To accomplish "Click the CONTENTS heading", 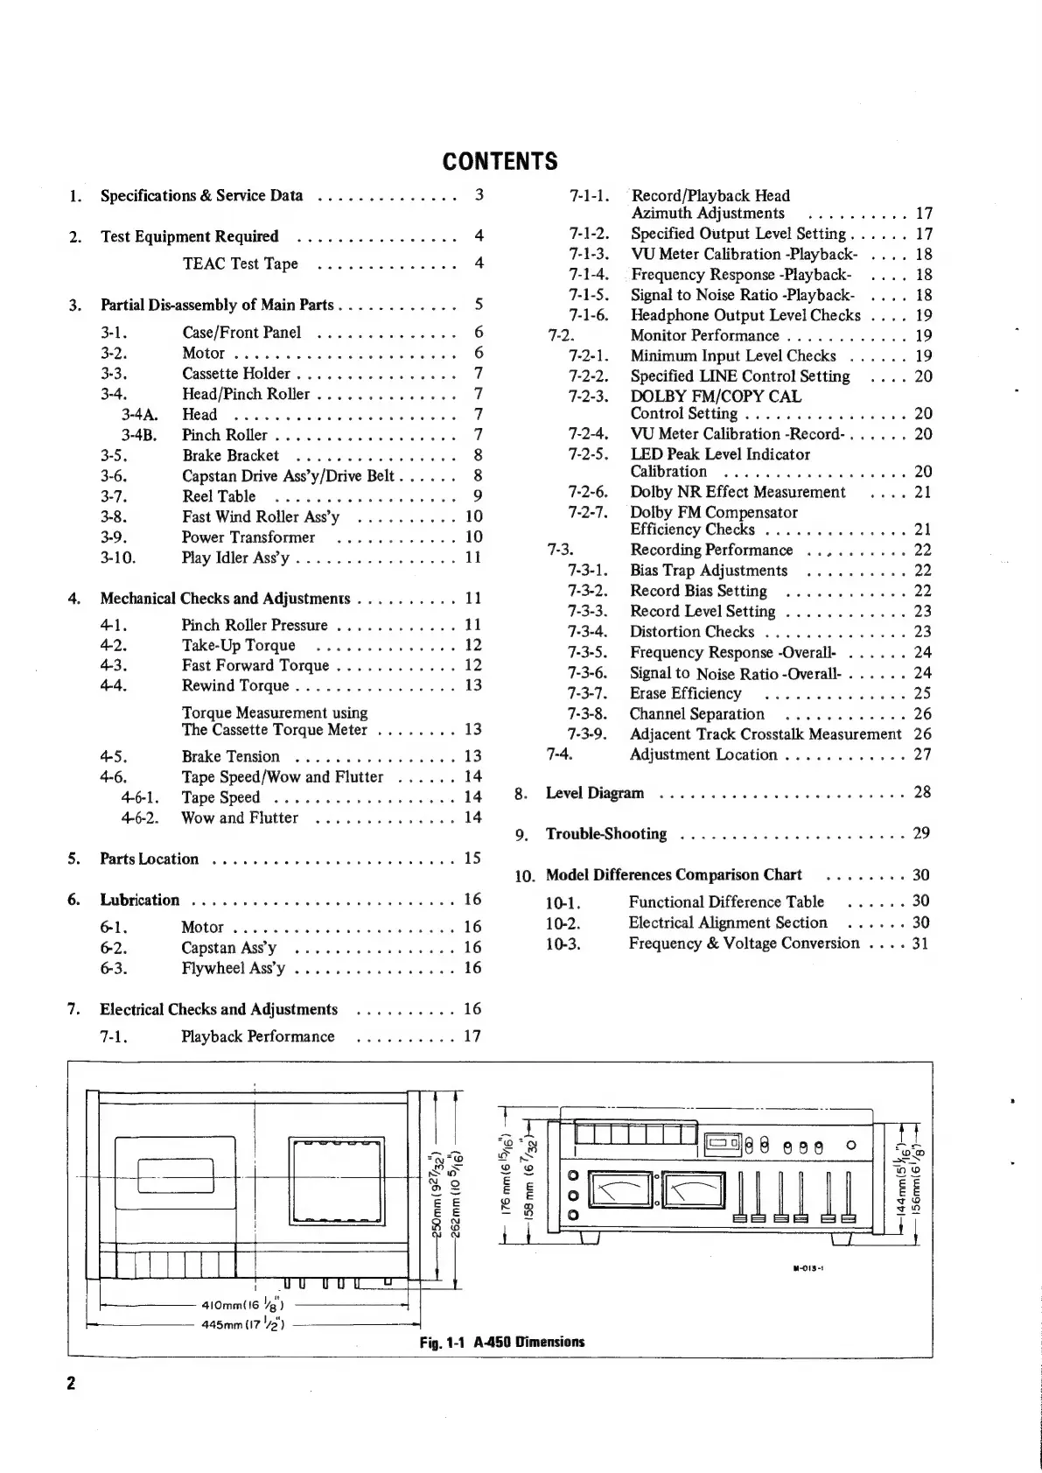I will click(500, 162).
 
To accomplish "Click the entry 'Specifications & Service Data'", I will click(201, 196).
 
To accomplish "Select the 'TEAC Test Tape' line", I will click(240, 264).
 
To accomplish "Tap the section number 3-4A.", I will click(140, 415).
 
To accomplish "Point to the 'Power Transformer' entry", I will click(248, 537).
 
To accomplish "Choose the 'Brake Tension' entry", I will click(230, 757).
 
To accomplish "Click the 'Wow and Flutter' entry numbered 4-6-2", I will click(239, 818).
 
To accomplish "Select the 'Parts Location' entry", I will click(149, 859).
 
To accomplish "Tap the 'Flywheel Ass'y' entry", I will click(233, 969).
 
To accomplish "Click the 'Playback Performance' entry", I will click(257, 1037).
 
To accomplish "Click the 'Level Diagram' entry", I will click(594, 794).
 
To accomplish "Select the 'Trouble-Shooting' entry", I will click(605, 834).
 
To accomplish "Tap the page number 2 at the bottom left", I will click(72, 1384).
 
